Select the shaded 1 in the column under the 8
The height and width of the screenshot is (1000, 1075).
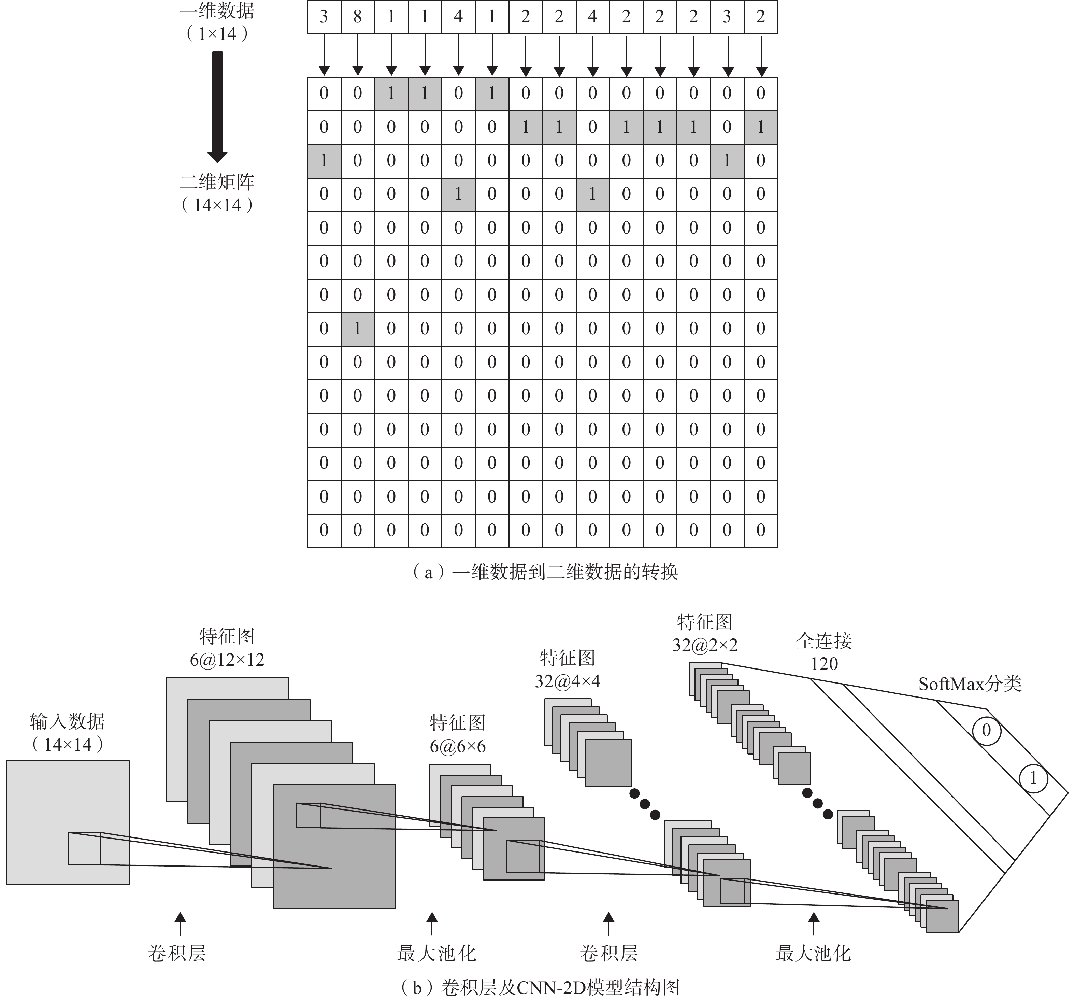(x=357, y=328)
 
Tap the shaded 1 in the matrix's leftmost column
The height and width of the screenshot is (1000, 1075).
(x=324, y=160)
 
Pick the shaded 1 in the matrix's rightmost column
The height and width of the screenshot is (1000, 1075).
(x=761, y=127)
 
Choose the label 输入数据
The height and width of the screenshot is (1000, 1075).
(x=68, y=721)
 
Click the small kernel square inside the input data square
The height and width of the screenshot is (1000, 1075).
(x=84, y=848)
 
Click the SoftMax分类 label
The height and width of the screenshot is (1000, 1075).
(x=970, y=684)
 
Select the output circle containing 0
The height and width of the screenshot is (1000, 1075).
(x=986, y=731)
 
